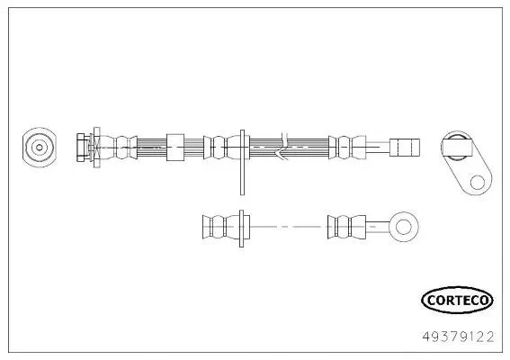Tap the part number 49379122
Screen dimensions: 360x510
coord(457,337)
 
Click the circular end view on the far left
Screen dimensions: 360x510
coord(39,146)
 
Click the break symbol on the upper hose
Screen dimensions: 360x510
coord(283,146)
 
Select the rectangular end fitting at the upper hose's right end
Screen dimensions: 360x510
coord(404,146)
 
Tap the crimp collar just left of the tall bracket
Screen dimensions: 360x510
coord(217,146)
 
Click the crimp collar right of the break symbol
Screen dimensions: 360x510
coord(342,146)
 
